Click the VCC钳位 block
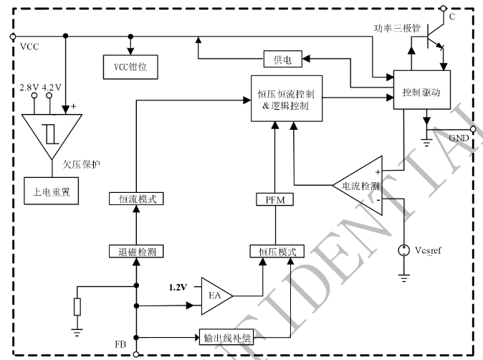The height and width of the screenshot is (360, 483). tap(130, 67)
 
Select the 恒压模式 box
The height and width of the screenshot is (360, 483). tap(276, 251)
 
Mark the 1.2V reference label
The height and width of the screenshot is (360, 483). tap(178, 287)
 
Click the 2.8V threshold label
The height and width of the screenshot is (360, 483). tap(29, 87)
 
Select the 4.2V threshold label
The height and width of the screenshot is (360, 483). tap(52, 87)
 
